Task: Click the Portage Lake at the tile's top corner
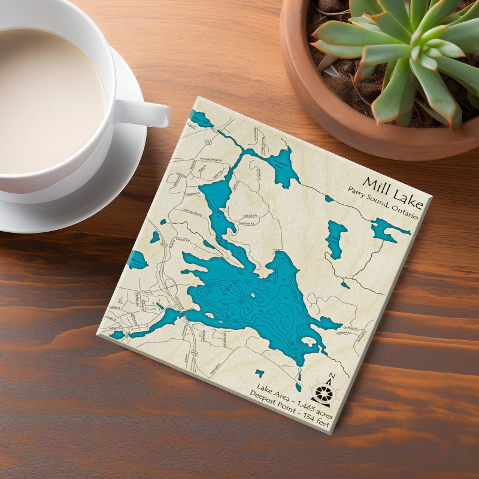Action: pyautogui.click(x=201, y=119)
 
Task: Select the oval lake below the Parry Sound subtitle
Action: pyautogui.click(x=336, y=238)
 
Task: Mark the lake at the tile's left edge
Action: pyautogui.click(x=137, y=259)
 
